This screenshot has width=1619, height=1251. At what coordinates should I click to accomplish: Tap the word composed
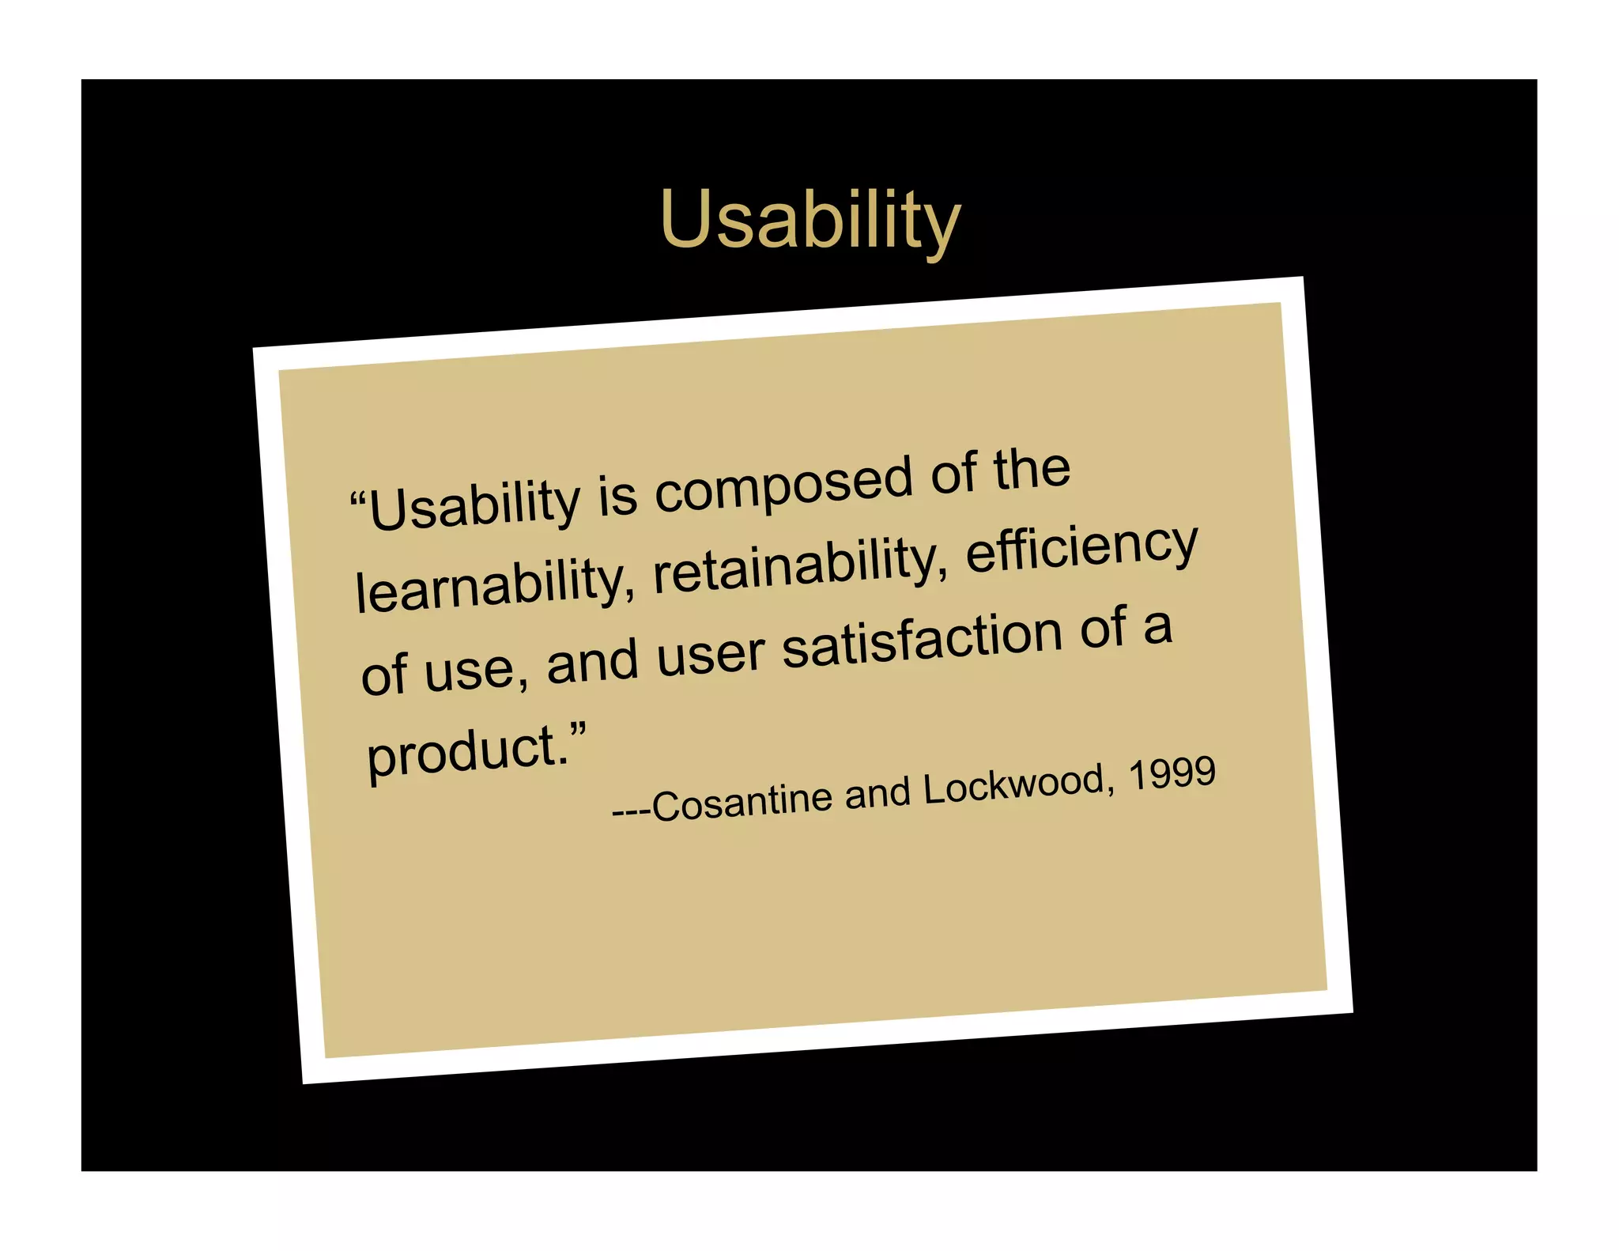pyautogui.click(x=783, y=483)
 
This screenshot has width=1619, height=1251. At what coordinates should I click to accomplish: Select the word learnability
pyautogui.click(x=495, y=584)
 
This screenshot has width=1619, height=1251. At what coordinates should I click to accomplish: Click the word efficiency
pyautogui.click(x=1082, y=546)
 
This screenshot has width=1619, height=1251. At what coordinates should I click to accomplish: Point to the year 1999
pyautogui.click(x=1172, y=773)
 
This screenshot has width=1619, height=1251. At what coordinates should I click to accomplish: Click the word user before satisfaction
pyautogui.click(x=710, y=654)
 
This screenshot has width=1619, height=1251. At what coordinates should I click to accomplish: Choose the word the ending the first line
pyautogui.click(x=1032, y=470)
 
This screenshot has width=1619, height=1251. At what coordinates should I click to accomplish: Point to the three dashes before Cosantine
pyautogui.click(x=631, y=811)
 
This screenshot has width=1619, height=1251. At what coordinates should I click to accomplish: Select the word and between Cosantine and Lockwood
pyautogui.click(x=877, y=793)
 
